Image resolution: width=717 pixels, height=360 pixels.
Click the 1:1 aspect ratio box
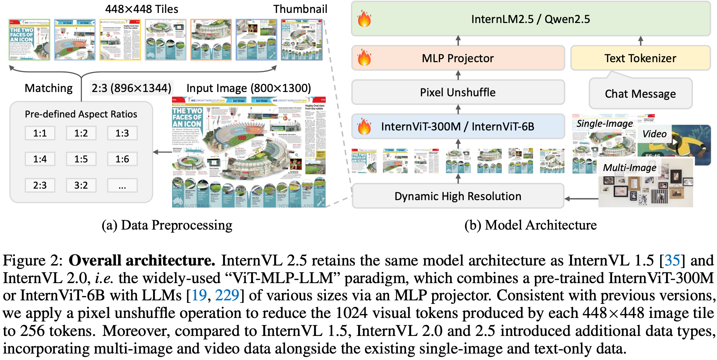click(40, 133)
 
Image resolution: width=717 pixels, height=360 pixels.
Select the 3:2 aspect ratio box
click(81, 185)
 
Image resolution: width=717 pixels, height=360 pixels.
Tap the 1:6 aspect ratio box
click(122, 159)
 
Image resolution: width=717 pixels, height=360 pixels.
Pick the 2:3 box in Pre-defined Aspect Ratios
click(40, 185)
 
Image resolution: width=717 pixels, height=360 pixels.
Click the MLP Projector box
click(458, 58)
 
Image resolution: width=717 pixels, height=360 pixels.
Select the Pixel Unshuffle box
click(458, 92)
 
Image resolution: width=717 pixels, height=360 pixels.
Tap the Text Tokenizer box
click(640, 58)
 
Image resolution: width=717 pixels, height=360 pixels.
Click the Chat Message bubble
click(640, 94)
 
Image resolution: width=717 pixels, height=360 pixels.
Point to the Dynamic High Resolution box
click(458, 196)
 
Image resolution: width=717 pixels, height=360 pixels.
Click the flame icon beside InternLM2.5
click(364, 19)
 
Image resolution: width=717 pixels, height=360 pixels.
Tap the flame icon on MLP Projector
click(364, 58)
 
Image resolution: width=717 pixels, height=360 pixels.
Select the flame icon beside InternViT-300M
click(364, 126)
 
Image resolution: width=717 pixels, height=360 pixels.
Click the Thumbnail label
click(300, 9)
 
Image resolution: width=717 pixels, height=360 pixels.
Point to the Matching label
click(48, 88)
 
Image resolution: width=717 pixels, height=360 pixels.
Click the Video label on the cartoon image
click(654, 134)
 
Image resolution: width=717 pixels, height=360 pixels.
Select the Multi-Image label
click(629, 168)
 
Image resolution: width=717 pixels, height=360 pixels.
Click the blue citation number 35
click(672, 260)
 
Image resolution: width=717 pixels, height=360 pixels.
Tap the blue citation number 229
click(227, 295)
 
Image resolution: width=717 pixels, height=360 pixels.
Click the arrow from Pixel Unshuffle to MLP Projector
click(458, 75)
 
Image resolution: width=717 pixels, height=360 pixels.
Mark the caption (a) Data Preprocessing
click(167, 225)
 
